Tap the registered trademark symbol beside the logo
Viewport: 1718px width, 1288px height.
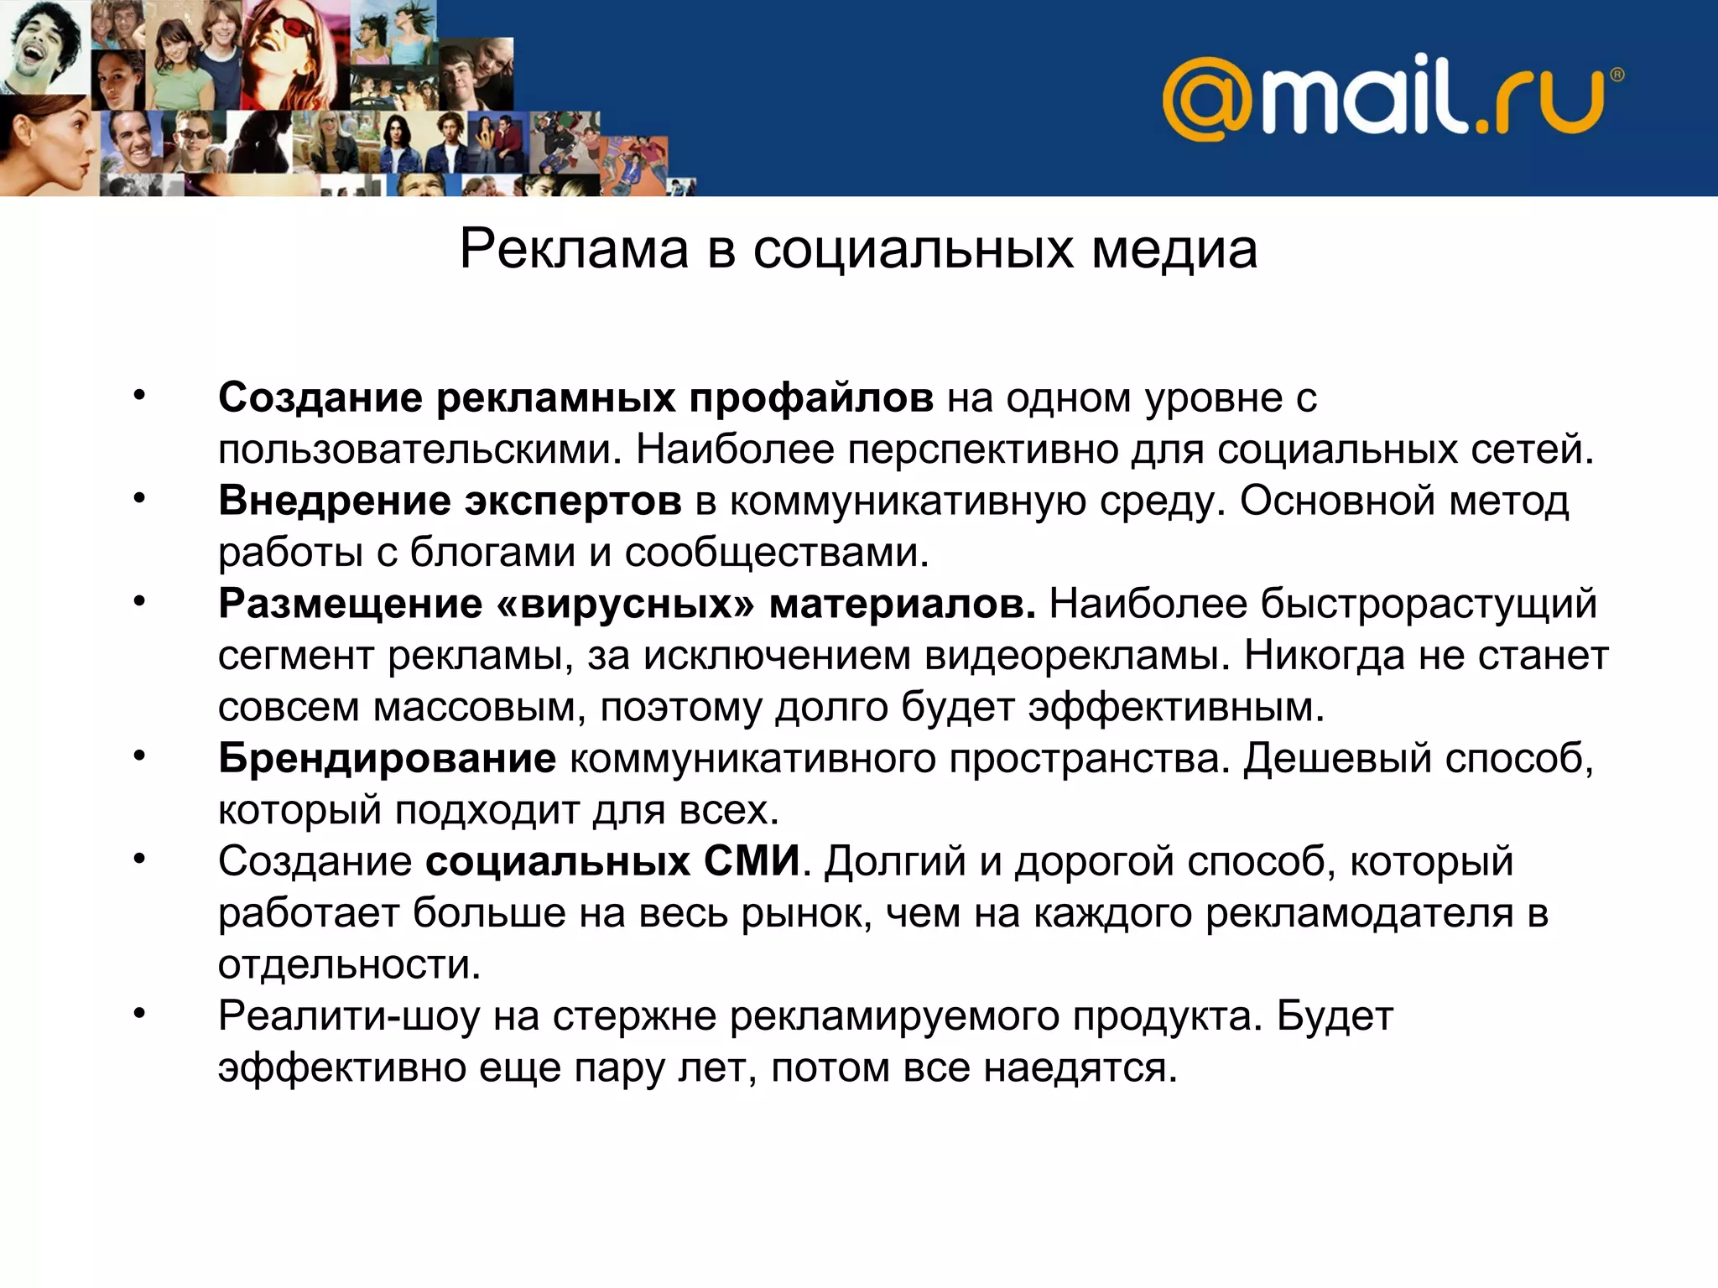click(x=1617, y=75)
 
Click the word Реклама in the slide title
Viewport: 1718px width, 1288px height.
click(x=575, y=249)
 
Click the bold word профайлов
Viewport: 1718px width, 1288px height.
click(x=811, y=397)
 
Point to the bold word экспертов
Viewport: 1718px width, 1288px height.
click(x=574, y=501)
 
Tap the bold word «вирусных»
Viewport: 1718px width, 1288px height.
click(x=626, y=604)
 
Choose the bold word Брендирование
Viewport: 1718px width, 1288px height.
click(x=387, y=758)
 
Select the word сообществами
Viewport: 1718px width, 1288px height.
click(x=777, y=553)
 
